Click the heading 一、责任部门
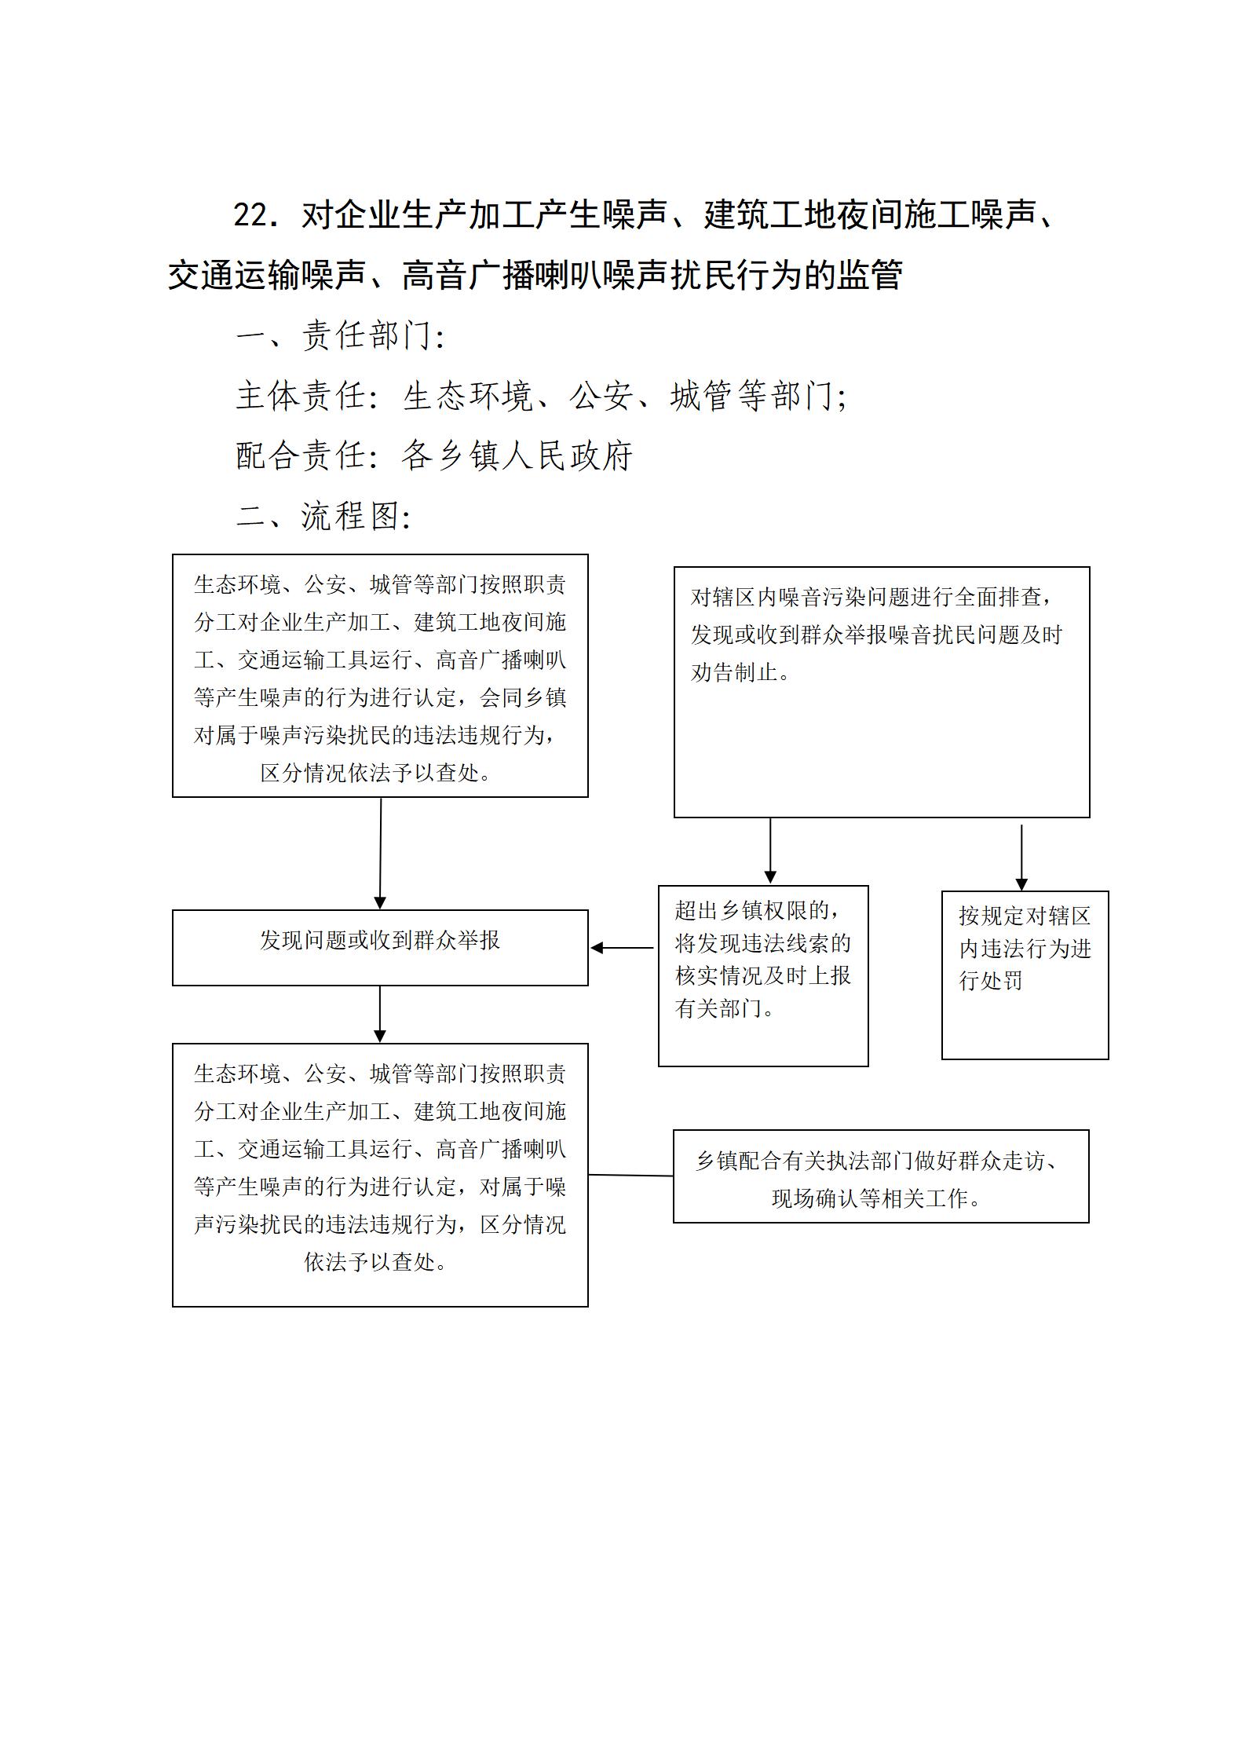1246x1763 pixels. point(341,336)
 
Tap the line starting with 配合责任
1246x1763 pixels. point(434,456)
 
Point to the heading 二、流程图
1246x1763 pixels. point(323,516)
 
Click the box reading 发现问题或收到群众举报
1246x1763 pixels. point(380,948)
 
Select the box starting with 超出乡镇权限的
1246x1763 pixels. point(763,976)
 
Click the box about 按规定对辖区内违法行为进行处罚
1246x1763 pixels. point(1025,975)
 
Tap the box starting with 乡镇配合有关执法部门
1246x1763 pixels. point(881,1176)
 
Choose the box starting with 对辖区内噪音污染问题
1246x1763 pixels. point(882,692)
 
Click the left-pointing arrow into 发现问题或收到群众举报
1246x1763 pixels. point(622,948)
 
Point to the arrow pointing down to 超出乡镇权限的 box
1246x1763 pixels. point(770,851)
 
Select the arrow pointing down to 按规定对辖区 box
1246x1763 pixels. point(1021,858)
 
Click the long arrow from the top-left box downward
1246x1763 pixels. point(381,854)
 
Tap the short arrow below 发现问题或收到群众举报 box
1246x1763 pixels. point(380,1015)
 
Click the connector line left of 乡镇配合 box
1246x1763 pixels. point(630,1176)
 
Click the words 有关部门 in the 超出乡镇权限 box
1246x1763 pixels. point(719,1008)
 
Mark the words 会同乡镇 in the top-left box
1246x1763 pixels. point(523,697)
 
